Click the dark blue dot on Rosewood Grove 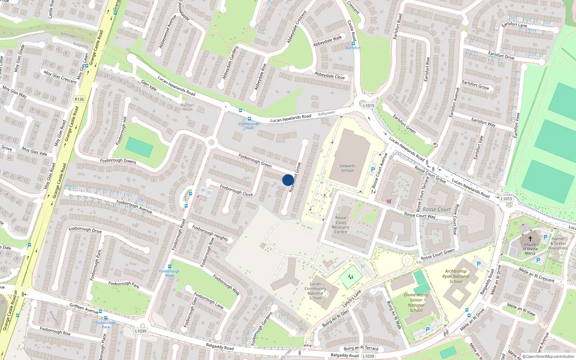point(288,180)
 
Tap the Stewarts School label point(347,168)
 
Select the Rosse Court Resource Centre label point(341,225)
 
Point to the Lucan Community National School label point(315,291)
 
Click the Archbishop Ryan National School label point(456,276)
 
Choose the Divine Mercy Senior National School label point(416,302)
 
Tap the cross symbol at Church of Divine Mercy point(530,238)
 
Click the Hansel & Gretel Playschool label point(558,243)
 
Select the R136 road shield point(79,99)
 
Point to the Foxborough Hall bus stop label point(249,126)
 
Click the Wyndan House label point(187,107)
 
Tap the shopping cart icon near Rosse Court point(389,201)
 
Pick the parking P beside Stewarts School point(373,169)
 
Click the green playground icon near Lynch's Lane point(350,277)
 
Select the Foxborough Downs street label point(118,161)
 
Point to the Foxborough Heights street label point(210,233)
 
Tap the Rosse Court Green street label point(438,254)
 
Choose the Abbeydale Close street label point(329,76)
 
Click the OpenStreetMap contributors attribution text point(548,357)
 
